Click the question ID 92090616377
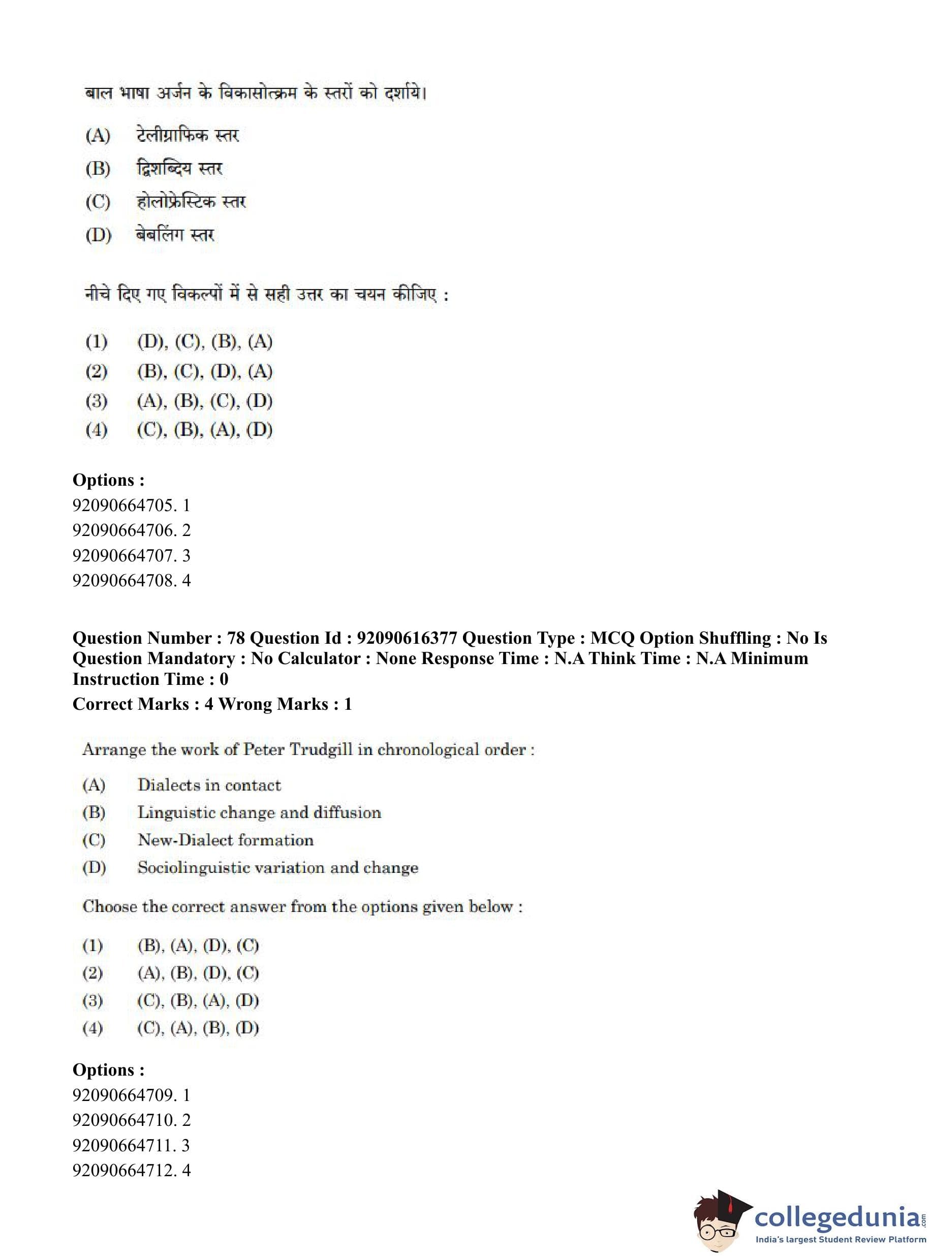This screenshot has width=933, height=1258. [407, 638]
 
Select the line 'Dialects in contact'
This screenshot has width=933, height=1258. [209, 785]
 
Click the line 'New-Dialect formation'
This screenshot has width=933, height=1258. [225, 840]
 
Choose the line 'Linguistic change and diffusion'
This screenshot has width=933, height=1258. [259, 812]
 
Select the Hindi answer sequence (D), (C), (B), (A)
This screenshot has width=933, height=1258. [204, 341]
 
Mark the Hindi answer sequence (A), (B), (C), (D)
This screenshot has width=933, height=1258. [204, 401]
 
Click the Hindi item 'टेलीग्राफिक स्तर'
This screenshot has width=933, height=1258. [188, 135]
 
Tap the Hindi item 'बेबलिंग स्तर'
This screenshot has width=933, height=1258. [175, 234]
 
